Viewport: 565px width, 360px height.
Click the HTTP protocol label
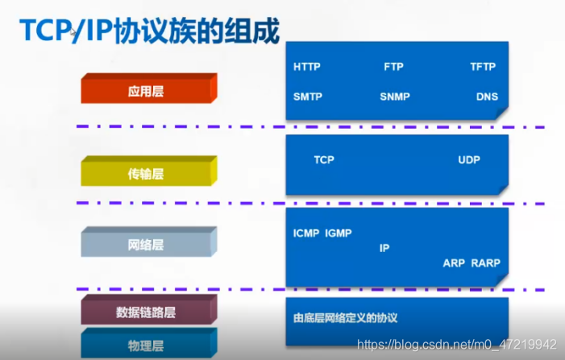(x=306, y=67)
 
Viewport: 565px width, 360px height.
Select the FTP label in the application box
(x=393, y=67)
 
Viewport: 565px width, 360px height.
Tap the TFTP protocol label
(x=483, y=67)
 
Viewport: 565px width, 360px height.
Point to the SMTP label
(x=307, y=97)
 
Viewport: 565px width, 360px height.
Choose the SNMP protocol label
(x=395, y=97)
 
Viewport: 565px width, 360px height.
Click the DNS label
(x=487, y=97)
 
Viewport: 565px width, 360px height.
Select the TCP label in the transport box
(x=324, y=159)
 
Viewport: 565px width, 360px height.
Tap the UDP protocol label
(x=469, y=159)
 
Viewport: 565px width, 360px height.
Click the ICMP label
(x=306, y=234)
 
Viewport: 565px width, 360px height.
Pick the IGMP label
(x=339, y=234)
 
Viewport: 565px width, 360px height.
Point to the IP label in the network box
(x=384, y=248)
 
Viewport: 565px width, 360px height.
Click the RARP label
(x=485, y=263)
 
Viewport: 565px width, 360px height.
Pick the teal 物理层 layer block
(x=146, y=346)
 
